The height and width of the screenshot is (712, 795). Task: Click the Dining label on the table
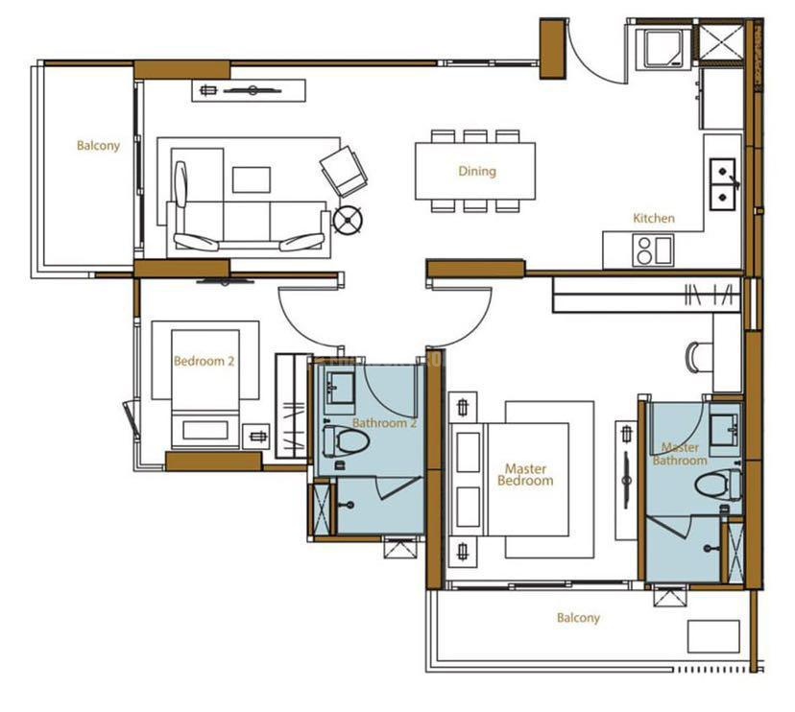pyautogui.click(x=477, y=172)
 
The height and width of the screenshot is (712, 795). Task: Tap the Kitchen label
pyautogui.click(x=654, y=219)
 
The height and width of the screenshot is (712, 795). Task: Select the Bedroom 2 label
pyautogui.click(x=204, y=362)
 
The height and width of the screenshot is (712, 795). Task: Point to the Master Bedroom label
pyautogui.click(x=526, y=475)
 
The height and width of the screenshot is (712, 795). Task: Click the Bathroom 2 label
pyautogui.click(x=384, y=423)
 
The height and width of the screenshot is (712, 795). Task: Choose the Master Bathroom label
pyautogui.click(x=680, y=454)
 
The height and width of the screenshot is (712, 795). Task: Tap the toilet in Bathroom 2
pyautogui.click(x=347, y=439)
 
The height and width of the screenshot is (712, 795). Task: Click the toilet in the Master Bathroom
pyautogui.click(x=718, y=485)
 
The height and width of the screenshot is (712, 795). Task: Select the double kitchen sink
pyautogui.click(x=722, y=184)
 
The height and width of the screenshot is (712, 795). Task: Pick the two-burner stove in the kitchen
pyautogui.click(x=654, y=250)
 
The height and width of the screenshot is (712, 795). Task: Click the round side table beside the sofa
pyautogui.click(x=348, y=221)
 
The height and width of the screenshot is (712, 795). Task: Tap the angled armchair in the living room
pyautogui.click(x=344, y=171)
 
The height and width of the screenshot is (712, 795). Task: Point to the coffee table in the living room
pyautogui.click(x=252, y=179)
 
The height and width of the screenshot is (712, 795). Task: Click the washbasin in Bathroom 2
pyautogui.click(x=340, y=389)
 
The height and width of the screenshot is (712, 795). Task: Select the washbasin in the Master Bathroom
pyautogui.click(x=725, y=430)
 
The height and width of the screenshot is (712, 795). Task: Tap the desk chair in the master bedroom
pyautogui.click(x=699, y=357)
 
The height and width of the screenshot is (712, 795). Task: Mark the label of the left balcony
pyautogui.click(x=98, y=146)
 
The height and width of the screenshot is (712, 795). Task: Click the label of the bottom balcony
pyautogui.click(x=578, y=618)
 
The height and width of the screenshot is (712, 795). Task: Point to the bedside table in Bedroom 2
pyautogui.click(x=256, y=437)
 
